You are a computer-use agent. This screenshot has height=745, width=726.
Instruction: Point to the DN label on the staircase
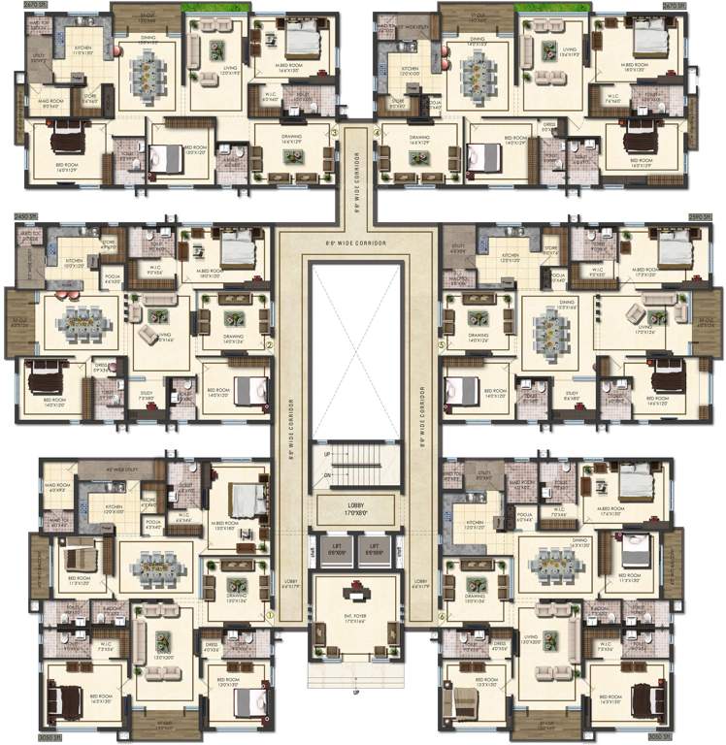(328, 474)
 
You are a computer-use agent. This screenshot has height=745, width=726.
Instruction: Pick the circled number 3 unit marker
(334, 133)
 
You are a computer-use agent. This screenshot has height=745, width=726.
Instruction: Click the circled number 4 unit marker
(377, 133)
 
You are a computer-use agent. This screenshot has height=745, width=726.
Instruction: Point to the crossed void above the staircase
(355, 349)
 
